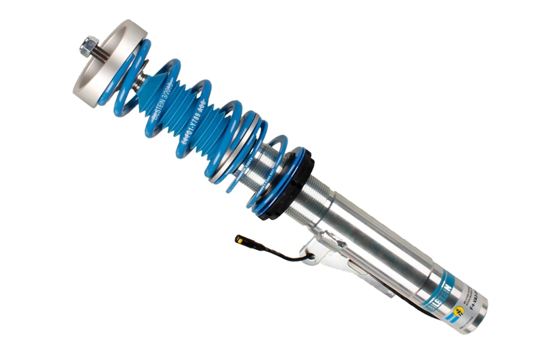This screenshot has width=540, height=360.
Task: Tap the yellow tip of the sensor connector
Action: pyautogui.click(x=240, y=238)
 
